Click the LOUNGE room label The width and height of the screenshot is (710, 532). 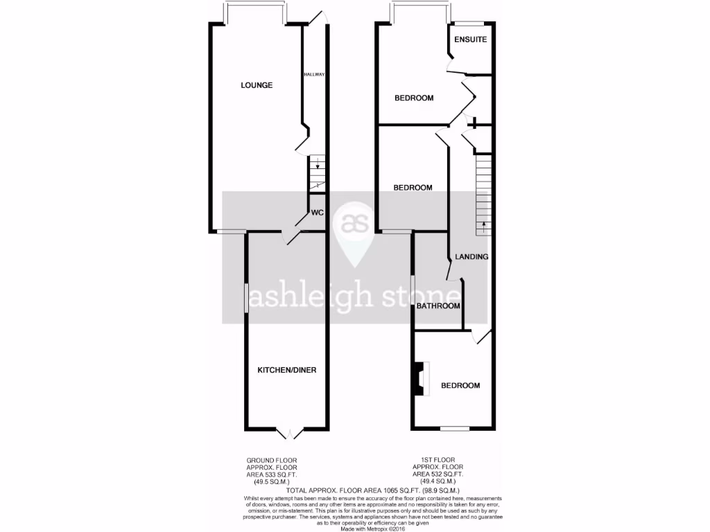(x=257, y=85)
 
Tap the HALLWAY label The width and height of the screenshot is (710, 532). (x=315, y=74)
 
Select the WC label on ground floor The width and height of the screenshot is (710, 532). (x=318, y=213)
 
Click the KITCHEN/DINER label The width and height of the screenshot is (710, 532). (x=287, y=370)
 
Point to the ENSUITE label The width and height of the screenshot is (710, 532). (x=471, y=39)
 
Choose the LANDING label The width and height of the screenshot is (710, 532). (x=471, y=257)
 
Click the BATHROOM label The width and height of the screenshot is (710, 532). (x=438, y=306)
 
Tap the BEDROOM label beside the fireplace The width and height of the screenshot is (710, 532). (x=461, y=386)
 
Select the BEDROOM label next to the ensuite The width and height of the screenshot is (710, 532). (x=414, y=98)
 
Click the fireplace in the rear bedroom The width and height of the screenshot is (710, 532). (x=418, y=379)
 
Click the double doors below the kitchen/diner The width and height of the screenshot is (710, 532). (x=287, y=433)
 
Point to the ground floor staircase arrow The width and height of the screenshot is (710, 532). (x=317, y=166)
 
